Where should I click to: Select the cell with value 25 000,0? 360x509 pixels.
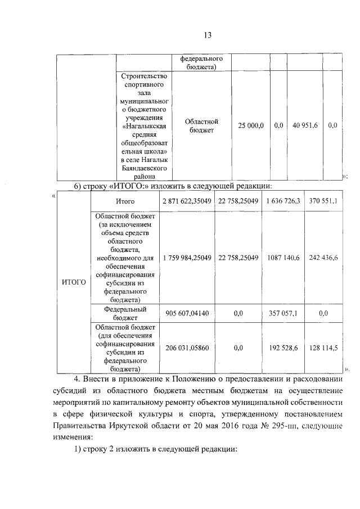coord(251,126)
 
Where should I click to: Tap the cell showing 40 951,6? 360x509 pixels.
coord(305,126)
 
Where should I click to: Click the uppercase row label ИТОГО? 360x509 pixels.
coord(74,282)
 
